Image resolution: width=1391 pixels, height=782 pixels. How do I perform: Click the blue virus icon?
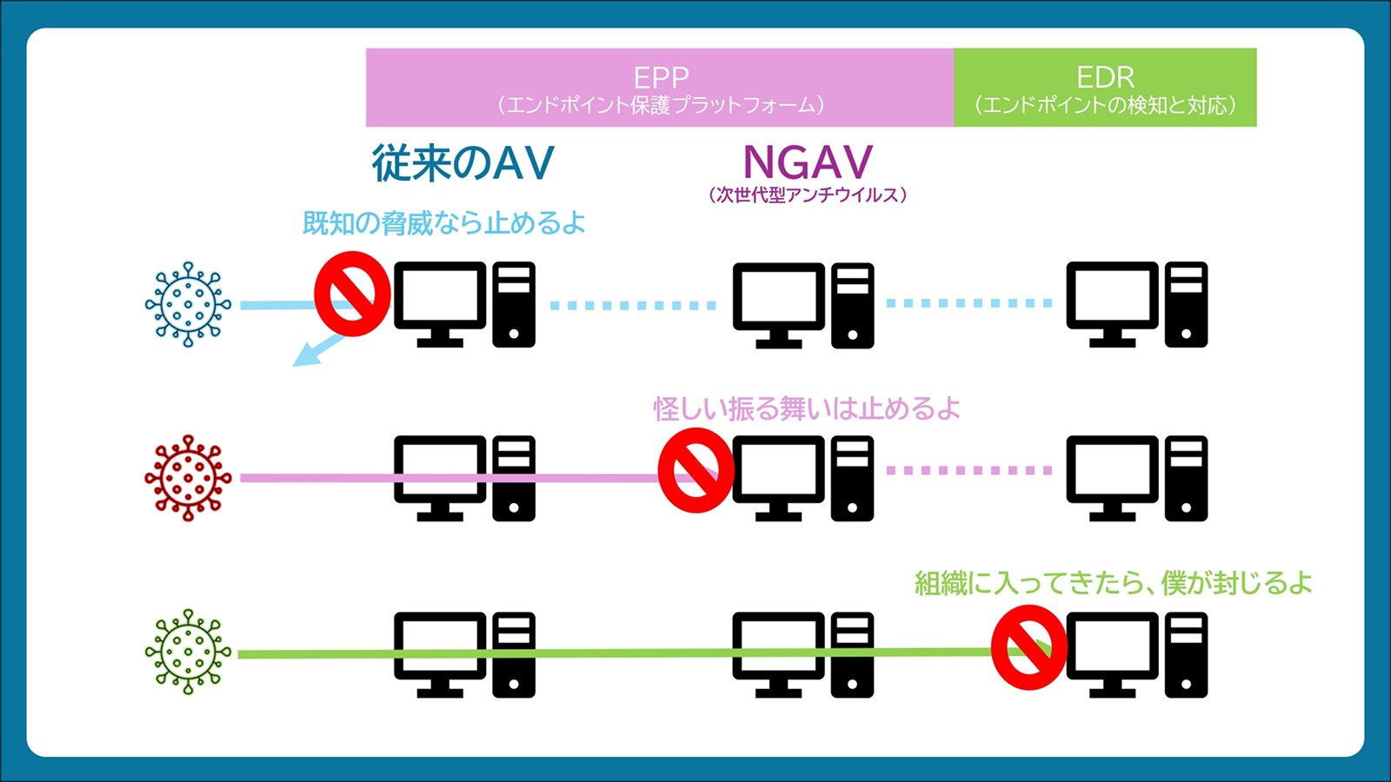click(188, 304)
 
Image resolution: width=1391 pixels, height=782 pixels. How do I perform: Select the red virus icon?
click(188, 478)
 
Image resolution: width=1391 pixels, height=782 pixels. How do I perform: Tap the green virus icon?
click(188, 652)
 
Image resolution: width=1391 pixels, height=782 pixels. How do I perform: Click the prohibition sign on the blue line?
click(352, 295)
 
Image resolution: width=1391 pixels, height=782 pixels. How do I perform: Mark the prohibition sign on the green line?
click(1029, 647)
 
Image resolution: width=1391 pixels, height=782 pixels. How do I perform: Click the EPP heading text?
click(661, 77)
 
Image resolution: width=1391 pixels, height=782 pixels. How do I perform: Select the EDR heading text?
click(1105, 77)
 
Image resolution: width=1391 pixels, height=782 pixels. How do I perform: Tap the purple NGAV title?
click(808, 162)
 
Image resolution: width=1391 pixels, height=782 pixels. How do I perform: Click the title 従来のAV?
click(463, 163)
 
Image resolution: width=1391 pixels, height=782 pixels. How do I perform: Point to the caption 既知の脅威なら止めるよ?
click(443, 223)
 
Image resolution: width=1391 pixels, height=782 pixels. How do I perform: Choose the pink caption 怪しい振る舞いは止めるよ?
click(807, 408)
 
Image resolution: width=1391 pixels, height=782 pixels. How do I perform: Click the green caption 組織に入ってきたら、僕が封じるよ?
click(1113, 583)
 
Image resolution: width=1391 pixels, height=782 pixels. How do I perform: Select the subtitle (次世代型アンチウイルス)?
click(808, 195)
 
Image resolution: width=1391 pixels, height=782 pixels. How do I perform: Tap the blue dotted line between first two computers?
click(633, 305)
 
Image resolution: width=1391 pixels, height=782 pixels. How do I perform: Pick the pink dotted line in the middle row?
click(969, 470)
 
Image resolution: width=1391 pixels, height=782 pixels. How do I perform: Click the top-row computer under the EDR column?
click(1136, 304)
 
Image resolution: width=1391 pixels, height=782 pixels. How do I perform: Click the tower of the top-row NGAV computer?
click(852, 305)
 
